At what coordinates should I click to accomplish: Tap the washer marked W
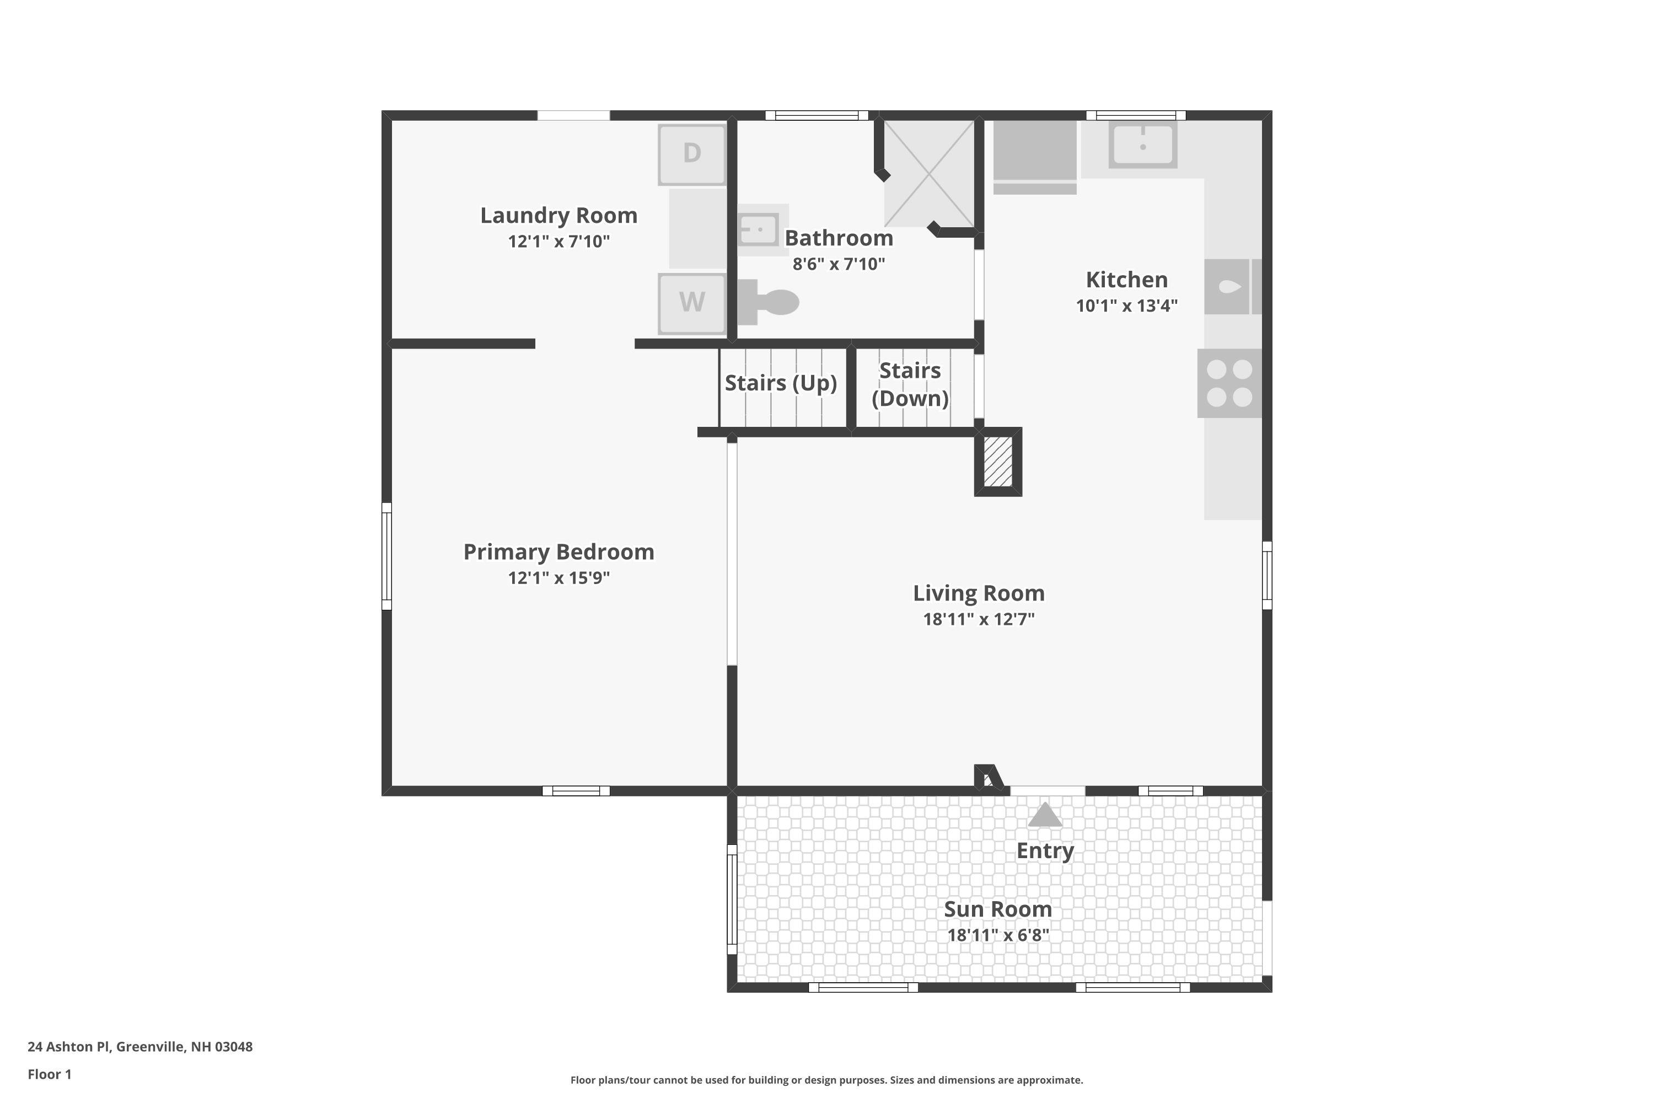tap(692, 304)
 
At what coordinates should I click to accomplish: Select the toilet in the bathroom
tap(768, 302)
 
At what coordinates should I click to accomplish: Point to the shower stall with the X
tap(929, 173)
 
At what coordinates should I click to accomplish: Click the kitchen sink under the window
tap(1143, 144)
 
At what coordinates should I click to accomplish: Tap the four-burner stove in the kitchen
tap(1229, 383)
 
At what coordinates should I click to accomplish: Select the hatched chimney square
tap(998, 462)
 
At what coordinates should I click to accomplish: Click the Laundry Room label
tap(559, 215)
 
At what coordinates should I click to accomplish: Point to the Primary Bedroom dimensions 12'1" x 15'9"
tap(559, 577)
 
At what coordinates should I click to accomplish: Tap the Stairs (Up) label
tap(781, 383)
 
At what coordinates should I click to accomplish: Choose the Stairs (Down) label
tap(910, 384)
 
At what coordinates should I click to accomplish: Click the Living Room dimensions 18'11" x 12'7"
tap(979, 619)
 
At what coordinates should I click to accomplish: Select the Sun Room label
tap(998, 909)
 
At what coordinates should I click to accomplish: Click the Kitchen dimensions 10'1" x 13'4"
tap(1126, 306)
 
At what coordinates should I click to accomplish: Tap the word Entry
tap(1045, 851)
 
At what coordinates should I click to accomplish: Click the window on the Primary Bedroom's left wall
tap(386, 556)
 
